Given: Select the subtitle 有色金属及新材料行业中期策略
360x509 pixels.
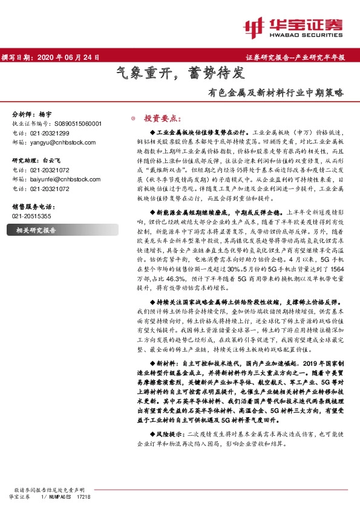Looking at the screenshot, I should point(275,94).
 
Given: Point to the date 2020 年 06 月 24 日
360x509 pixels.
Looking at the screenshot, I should point(68,57).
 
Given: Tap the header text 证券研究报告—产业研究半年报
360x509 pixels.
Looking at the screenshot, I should point(295,57).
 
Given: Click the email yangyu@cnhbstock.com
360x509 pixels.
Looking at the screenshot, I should point(61,141).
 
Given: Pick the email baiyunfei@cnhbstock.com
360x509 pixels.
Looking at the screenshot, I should point(64,179).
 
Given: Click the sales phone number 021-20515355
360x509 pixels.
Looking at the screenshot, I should point(31,215).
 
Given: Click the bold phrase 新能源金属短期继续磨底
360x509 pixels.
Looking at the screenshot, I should point(192,213).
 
